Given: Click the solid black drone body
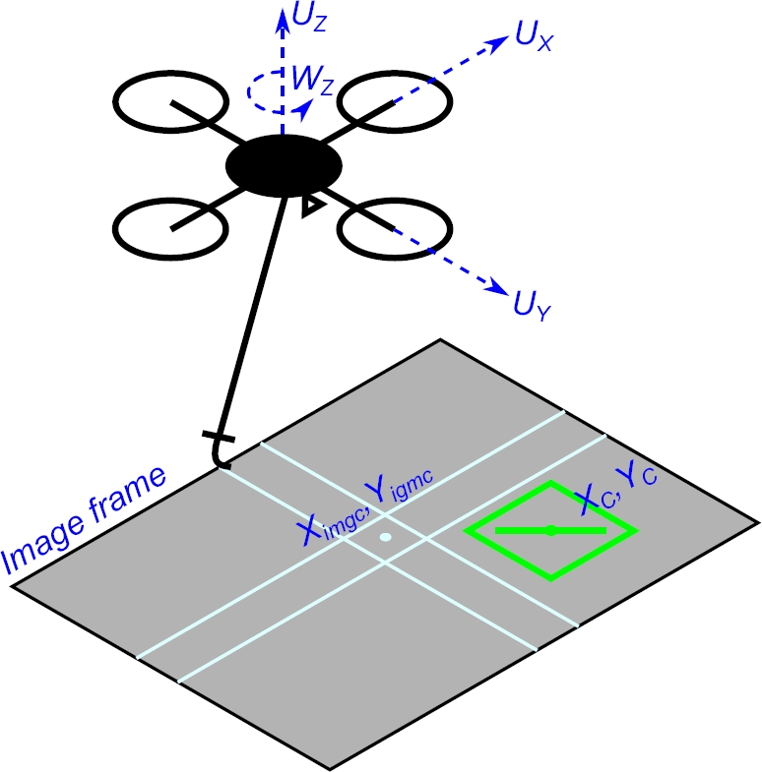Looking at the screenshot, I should point(284,167).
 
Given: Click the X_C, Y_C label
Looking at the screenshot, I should point(616,489).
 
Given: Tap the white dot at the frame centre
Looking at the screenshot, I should point(385,538).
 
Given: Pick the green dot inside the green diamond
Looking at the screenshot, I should point(551,531).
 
